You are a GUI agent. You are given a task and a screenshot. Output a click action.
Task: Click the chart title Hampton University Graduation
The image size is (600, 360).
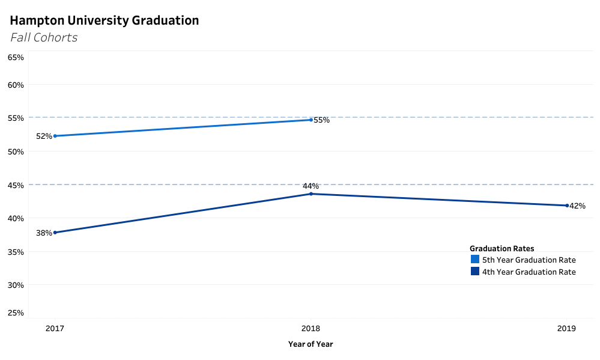point(105,20)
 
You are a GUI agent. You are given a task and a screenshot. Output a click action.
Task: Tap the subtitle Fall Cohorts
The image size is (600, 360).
point(44,37)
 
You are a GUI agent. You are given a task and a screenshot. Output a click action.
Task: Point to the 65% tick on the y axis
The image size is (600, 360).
point(16,57)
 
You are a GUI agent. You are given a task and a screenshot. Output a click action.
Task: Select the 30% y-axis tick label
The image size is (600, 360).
point(16,285)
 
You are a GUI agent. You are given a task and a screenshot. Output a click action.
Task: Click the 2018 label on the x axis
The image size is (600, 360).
point(311,329)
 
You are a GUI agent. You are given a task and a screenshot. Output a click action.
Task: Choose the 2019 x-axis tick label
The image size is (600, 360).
point(566,329)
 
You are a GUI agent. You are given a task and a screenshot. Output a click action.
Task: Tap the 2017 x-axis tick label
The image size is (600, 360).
point(55,329)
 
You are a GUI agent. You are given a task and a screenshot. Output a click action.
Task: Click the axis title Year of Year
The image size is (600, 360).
point(311,344)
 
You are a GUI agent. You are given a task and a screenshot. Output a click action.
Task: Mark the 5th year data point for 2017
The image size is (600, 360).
point(55,136)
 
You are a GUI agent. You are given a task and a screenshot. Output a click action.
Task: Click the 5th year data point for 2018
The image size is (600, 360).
point(311,120)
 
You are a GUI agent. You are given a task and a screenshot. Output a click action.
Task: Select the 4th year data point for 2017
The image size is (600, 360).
point(55,233)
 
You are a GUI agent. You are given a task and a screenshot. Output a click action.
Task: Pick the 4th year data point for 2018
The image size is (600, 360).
point(311,194)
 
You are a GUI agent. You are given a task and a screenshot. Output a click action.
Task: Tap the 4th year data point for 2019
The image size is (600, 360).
point(567,206)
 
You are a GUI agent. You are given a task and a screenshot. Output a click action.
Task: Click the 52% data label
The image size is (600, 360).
point(44,136)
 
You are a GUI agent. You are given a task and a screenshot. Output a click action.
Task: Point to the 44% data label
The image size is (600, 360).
point(311,186)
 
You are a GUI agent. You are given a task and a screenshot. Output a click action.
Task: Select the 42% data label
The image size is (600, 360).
point(577,206)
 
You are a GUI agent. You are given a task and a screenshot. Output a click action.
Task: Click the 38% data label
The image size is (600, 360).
point(44,233)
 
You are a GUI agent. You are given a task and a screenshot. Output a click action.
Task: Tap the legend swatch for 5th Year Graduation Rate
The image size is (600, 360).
point(475,260)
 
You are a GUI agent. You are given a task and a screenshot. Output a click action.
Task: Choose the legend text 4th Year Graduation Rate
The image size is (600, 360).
point(529,272)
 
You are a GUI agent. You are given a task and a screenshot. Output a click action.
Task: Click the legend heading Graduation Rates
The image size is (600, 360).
point(502,248)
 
